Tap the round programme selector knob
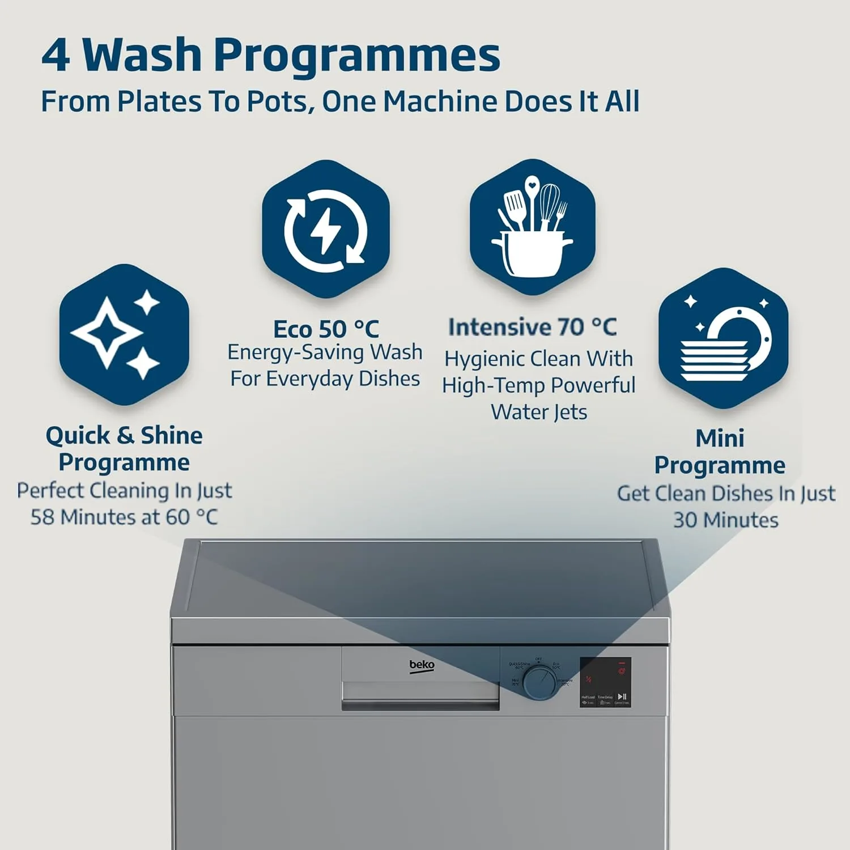pyautogui.click(x=539, y=682)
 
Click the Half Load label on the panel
pyautogui.click(x=588, y=697)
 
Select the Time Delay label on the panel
pyautogui.click(x=605, y=697)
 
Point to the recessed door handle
pyautogui.click(x=420, y=696)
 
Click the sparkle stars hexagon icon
pyautogui.click(x=124, y=334)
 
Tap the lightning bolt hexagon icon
pyautogui.click(x=326, y=229)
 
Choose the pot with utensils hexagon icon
pyautogui.click(x=533, y=227)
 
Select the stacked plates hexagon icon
pyautogui.click(x=724, y=338)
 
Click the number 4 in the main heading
pyautogui.click(x=56, y=55)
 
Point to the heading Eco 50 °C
pyautogui.click(x=326, y=329)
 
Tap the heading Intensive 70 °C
pyautogui.click(x=533, y=327)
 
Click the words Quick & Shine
pyautogui.click(x=124, y=435)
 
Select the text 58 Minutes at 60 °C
pyautogui.click(x=124, y=517)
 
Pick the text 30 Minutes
pyautogui.click(x=725, y=520)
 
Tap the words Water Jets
pyautogui.click(x=539, y=412)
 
